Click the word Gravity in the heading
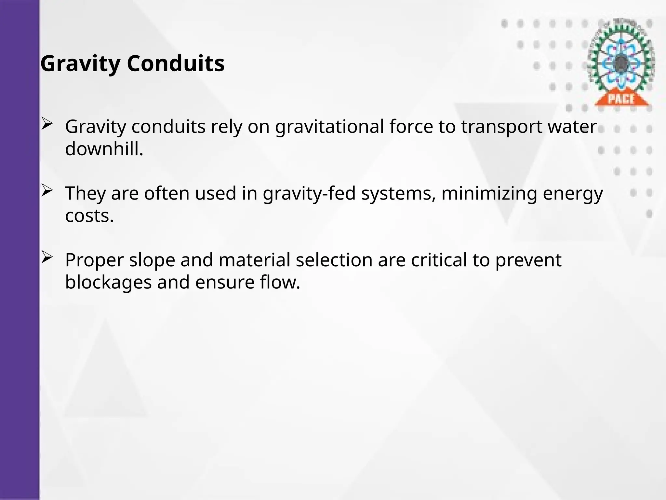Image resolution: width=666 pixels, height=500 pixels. (x=80, y=64)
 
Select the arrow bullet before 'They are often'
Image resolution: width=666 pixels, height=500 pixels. (x=47, y=191)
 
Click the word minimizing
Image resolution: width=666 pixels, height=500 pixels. (x=489, y=193)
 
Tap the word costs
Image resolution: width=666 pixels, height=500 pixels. (x=89, y=216)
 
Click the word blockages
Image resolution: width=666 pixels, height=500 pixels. (x=108, y=282)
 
